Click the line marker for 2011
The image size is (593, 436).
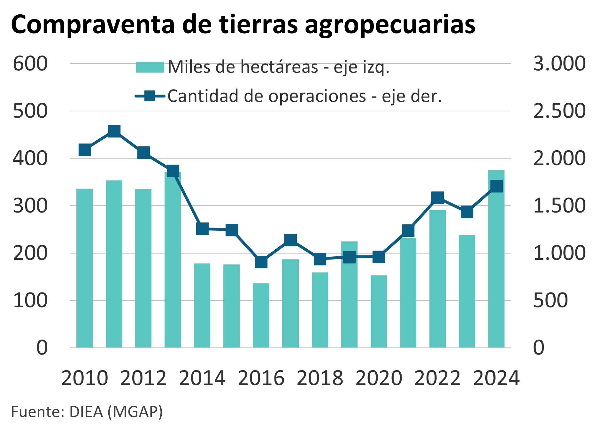[x=114, y=131]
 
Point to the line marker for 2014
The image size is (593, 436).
[x=202, y=229]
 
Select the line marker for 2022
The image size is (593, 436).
[x=437, y=198]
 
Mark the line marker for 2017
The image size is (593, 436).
[x=290, y=239]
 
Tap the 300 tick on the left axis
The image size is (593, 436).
[x=30, y=206]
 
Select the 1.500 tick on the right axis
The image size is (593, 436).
[x=559, y=206]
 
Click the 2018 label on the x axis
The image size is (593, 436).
[x=320, y=378]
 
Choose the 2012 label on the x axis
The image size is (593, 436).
[x=143, y=378]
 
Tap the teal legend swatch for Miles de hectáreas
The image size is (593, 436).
[x=150, y=67]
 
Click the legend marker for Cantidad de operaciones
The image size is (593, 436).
[x=150, y=96]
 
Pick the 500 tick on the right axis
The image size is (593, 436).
[x=550, y=300]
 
